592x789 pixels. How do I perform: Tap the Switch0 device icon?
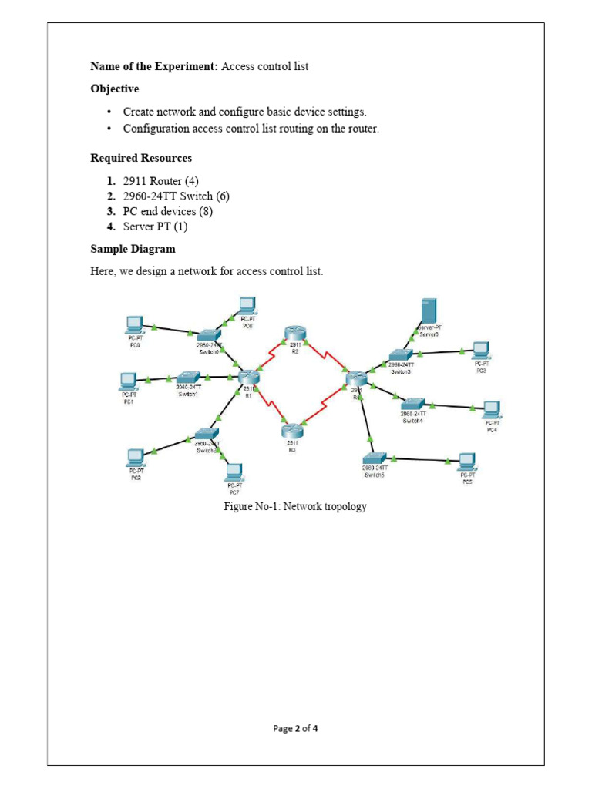(x=208, y=337)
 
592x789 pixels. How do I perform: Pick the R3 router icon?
(x=291, y=431)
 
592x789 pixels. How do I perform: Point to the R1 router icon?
(x=248, y=377)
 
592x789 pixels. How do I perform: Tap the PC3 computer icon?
(x=481, y=351)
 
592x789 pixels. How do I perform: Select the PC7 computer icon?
(x=234, y=472)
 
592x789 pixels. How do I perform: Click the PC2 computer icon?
(x=136, y=458)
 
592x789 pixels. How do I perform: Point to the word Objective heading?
(x=115, y=89)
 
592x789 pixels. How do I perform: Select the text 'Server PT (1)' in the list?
(x=155, y=227)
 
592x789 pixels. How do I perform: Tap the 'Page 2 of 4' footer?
(x=295, y=728)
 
